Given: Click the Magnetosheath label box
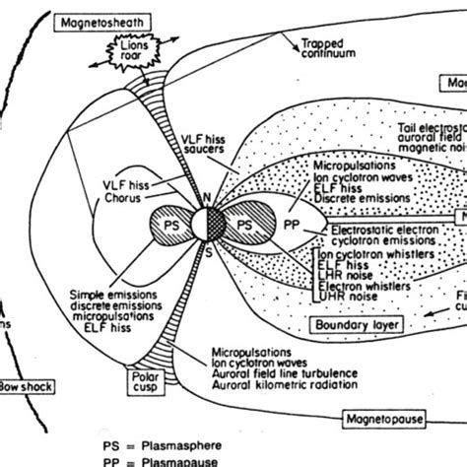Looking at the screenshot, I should tap(93, 21).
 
